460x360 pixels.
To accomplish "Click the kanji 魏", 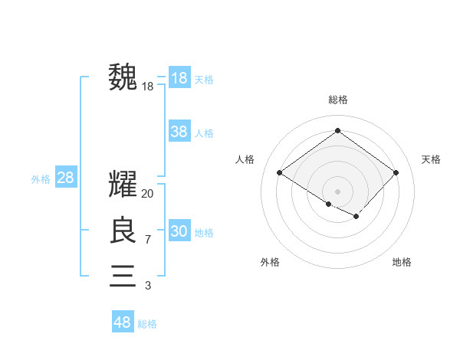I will [123, 77].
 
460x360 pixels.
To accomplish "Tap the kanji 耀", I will [123, 185].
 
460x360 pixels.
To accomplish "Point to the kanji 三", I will [123, 275].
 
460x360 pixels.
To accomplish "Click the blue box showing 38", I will [179, 132].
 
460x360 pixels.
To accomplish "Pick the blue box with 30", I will [179, 231].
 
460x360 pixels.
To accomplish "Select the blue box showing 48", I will [122, 322].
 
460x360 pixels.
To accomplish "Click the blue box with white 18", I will [179, 78].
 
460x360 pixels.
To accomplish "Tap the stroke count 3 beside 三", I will [148, 286].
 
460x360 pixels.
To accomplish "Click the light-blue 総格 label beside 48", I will [147, 324].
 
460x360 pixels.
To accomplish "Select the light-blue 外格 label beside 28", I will [41, 180].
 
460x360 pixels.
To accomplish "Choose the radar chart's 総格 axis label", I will [337, 100].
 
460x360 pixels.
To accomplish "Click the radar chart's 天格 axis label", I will [432, 159].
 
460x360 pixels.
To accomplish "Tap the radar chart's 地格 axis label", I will [402, 262].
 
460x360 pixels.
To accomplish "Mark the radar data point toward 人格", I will [279, 172].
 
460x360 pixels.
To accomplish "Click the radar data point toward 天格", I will [396, 172].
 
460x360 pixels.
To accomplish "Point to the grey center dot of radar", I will [337, 191].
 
